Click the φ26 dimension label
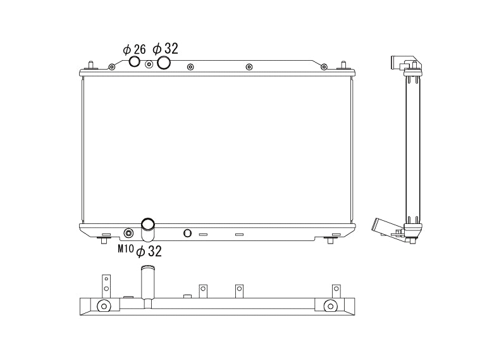(x=134, y=49)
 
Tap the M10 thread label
(x=126, y=249)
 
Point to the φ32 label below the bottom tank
(x=149, y=251)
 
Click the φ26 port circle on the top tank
(x=135, y=61)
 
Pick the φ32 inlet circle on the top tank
(x=164, y=62)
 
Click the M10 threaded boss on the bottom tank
(x=128, y=232)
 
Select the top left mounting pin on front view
(x=92, y=65)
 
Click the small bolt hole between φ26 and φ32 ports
(x=149, y=64)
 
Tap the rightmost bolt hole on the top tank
(x=324, y=66)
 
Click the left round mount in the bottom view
(x=104, y=307)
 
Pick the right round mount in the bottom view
(x=330, y=307)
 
